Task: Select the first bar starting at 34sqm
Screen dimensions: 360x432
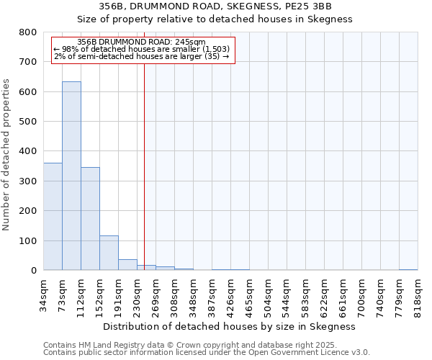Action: tap(53, 216)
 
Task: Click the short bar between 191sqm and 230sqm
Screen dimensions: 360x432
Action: tap(127, 264)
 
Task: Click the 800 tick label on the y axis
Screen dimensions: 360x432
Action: tap(27, 32)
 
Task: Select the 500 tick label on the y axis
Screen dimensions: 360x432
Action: tap(27, 122)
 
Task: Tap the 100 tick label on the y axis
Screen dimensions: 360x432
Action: tap(27, 240)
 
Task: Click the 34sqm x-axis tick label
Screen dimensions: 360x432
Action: tap(44, 294)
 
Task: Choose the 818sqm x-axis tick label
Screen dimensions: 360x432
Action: tap(418, 294)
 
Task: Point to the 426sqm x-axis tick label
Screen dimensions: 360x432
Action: tap(231, 294)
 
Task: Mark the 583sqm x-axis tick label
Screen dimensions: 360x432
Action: tap(306, 294)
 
